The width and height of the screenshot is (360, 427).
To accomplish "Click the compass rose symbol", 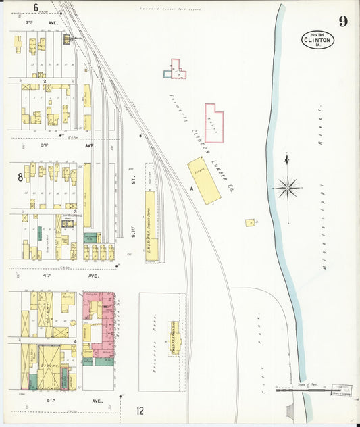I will [x=288, y=187].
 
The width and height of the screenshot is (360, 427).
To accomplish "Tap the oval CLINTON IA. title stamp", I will [x=317, y=40].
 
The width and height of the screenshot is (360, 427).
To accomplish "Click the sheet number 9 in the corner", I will [x=343, y=22].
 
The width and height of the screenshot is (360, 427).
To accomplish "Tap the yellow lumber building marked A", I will [x=204, y=180].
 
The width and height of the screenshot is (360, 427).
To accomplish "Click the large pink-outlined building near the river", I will [x=213, y=123].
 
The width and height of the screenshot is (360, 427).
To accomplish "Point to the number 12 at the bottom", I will [x=140, y=411].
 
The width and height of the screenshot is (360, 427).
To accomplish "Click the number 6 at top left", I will [x=35, y=8].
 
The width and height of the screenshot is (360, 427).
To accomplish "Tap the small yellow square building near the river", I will [x=250, y=222].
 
